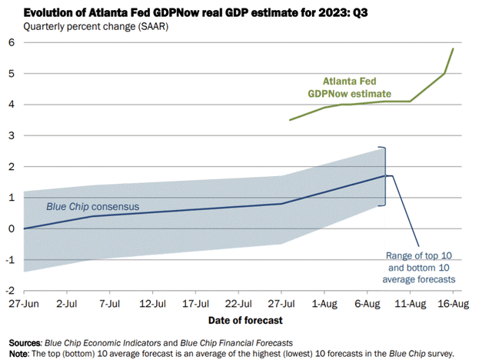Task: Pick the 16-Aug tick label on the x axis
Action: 452,305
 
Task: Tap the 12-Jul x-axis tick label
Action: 154,305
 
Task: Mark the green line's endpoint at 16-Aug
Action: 453,49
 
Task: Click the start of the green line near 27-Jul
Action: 290,120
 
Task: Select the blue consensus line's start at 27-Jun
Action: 25,228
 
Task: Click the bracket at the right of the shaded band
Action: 384,176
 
